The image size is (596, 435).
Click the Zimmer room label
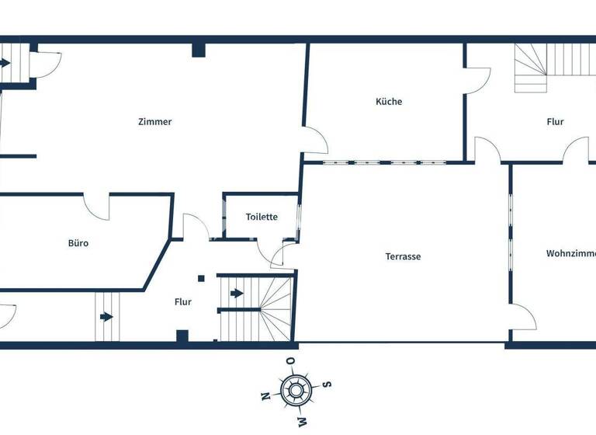(x=154, y=122)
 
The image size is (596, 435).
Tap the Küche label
(x=389, y=102)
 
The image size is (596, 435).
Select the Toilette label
(x=262, y=217)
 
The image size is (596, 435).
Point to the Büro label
(x=78, y=243)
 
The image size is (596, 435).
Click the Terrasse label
(x=403, y=256)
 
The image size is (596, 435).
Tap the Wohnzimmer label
(x=570, y=253)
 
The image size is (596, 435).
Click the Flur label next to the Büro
(x=182, y=302)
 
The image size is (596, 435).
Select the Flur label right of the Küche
(x=555, y=122)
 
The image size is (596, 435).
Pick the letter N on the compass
(x=265, y=395)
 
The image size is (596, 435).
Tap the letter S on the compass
(x=327, y=382)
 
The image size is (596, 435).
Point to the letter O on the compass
(x=289, y=361)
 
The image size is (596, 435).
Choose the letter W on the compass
(x=303, y=420)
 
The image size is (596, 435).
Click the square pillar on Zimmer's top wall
(x=199, y=50)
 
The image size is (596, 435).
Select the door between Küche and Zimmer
(x=316, y=141)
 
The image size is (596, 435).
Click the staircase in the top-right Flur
(x=531, y=68)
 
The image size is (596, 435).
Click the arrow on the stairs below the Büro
(x=106, y=317)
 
